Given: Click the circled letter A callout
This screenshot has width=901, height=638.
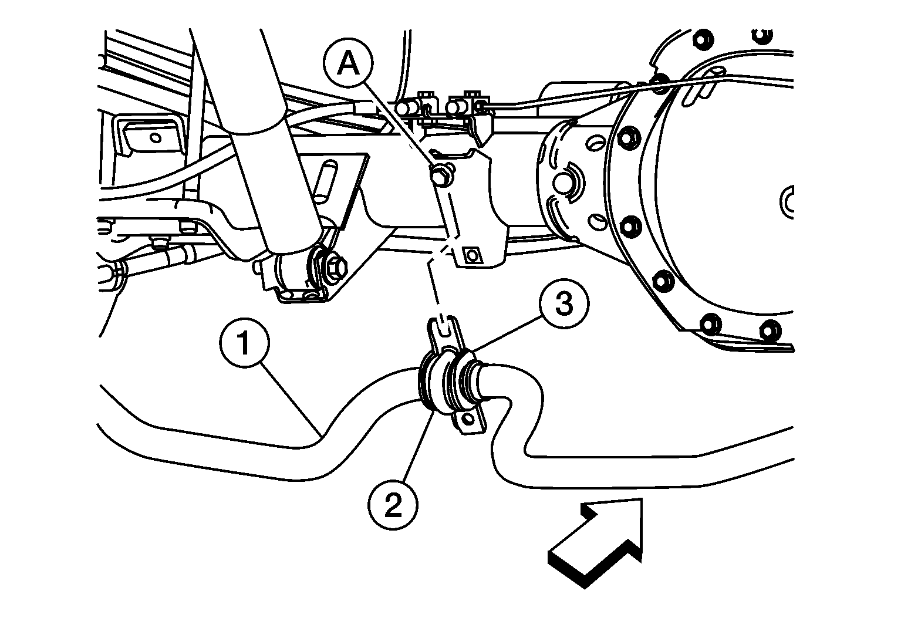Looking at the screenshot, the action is coord(348,63).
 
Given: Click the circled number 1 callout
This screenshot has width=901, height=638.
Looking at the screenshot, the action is coord(245,342).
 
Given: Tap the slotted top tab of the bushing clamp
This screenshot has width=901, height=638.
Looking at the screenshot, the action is coord(443,330).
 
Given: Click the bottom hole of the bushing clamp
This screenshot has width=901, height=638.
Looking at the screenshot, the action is coord(468,420).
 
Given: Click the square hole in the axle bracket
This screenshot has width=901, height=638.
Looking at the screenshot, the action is coord(471,255).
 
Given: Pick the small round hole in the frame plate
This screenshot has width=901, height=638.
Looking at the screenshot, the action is coord(156,137).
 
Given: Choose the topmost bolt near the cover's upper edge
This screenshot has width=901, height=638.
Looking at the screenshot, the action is coord(704,39).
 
